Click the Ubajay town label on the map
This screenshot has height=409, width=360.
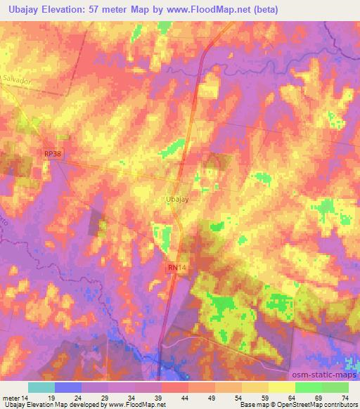(178, 199)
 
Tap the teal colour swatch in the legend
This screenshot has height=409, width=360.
(41, 387)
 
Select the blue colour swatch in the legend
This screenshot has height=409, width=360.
(68, 387)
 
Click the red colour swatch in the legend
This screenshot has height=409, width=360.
(175, 387)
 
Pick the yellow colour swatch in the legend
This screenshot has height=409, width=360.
(282, 387)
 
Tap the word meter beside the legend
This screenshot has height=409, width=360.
(12, 397)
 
